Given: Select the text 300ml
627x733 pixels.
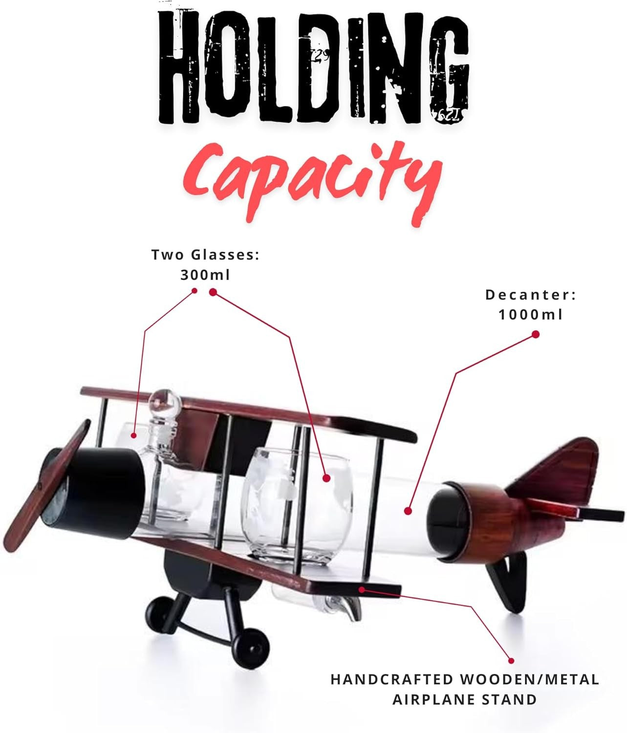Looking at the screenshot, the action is point(205,275).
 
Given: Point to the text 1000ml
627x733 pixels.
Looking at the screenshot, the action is point(530,315).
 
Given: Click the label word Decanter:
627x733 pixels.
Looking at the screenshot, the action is point(531,295).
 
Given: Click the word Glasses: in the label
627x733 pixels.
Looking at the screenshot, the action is point(225,255).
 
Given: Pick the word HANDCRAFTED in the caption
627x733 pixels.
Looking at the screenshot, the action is point(392,679).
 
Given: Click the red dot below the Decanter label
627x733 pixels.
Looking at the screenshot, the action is point(536,334).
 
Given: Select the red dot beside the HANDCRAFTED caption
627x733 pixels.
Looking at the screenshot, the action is point(511,660).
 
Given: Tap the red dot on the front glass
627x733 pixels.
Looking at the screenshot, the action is point(326,478).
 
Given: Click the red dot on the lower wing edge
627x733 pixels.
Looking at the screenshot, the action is point(361,589).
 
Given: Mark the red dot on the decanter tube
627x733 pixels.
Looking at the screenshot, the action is point(408,511).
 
